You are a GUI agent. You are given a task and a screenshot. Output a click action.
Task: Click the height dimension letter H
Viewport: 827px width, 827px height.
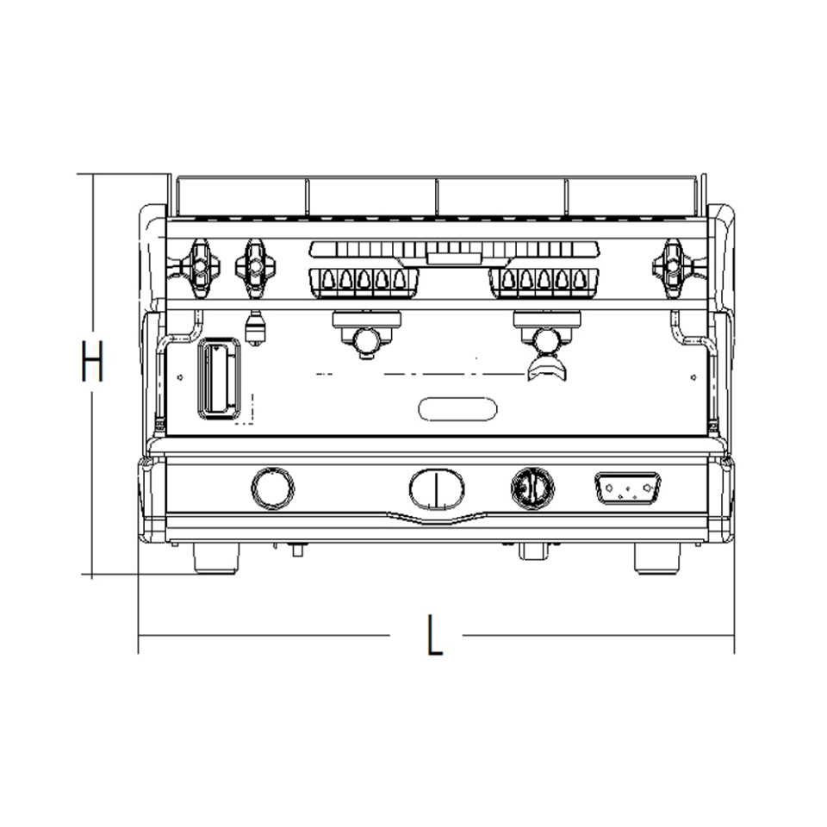click(91, 362)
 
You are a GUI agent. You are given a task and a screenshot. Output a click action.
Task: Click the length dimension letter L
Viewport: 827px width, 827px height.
click(436, 637)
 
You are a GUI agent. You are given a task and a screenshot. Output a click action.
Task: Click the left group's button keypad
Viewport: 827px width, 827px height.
click(364, 281)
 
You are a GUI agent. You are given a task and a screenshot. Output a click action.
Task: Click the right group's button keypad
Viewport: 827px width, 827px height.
click(544, 281)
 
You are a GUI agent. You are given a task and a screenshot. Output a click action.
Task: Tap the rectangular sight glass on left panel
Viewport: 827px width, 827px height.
click(219, 378)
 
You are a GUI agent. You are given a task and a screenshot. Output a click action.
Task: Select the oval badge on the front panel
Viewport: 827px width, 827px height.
click(457, 408)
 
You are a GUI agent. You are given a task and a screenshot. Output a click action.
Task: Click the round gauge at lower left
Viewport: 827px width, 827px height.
click(272, 488)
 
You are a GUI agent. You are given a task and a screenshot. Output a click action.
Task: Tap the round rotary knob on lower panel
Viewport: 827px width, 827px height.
click(532, 488)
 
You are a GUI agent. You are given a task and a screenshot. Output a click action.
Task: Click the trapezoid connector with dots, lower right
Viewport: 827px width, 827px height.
click(627, 488)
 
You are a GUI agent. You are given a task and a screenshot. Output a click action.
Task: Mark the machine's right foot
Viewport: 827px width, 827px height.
click(656, 557)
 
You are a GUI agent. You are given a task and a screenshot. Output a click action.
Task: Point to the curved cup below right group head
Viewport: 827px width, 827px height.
click(549, 370)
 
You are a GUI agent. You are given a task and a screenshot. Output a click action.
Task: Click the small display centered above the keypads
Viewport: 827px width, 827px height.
click(454, 255)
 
